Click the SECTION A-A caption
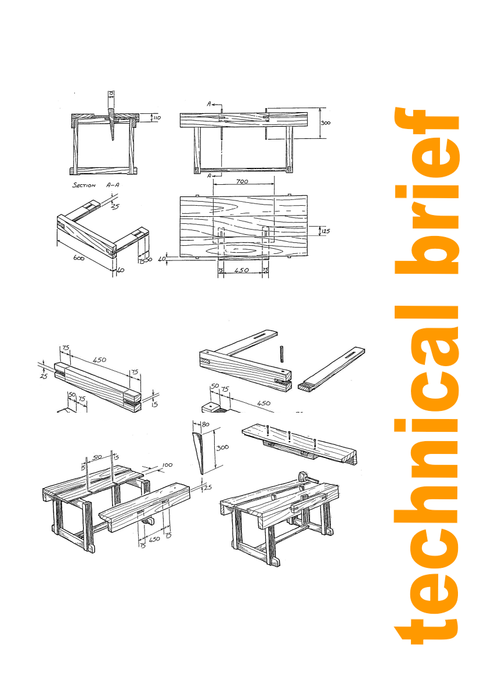click(x=96, y=185)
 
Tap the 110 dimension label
click(x=157, y=117)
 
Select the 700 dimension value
click(x=242, y=181)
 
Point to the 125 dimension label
click(x=326, y=231)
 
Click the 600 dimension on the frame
click(x=78, y=257)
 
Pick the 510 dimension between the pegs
click(x=98, y=457)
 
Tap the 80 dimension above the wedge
click(x=205, y=424)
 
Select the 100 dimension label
click(x=167, y=465)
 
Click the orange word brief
click(x=427, y=191)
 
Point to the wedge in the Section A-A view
click(x=112, y=124)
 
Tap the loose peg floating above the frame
click(x=281, y=353)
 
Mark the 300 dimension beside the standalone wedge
click(x=222, y=447)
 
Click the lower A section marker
click(x=209, y=176)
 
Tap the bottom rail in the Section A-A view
click(x=104, y=170)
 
